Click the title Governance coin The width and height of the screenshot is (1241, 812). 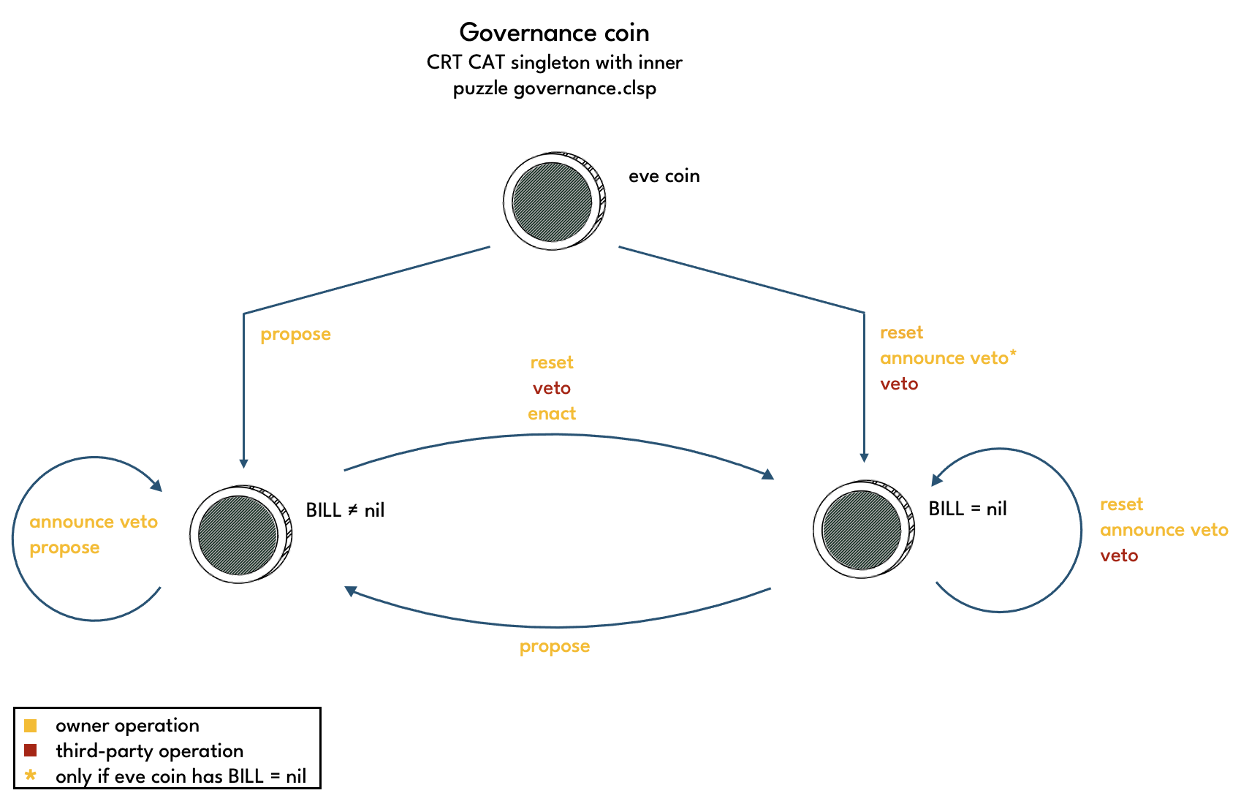coord(554,33)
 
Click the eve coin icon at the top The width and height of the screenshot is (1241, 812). coord(553,201)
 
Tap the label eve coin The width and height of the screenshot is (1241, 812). coord(664,176)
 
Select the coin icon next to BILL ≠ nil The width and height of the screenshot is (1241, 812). coord(240,534)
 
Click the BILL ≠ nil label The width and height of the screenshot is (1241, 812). coord(345,510)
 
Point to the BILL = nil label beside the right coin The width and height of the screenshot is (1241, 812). coord(967,509)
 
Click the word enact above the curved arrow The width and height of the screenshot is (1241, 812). coord(552,414)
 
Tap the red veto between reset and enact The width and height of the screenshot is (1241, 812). coord(552,388)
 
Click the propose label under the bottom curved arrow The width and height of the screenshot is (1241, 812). coord(554,646)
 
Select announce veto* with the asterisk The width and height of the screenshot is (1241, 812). coord(947,358)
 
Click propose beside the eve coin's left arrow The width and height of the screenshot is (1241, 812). coord(295,334)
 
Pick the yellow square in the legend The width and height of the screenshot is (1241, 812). coord(30,726)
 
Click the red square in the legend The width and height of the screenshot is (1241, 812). coord(30,751)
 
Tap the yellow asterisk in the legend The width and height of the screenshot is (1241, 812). coord(30,775)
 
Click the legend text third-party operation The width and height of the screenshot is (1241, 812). coord(149,751)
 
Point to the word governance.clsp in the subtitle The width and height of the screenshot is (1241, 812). coord(585,88)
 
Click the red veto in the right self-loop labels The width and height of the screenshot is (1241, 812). coord(1119,555)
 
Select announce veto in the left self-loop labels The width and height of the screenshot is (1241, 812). coord(94,522)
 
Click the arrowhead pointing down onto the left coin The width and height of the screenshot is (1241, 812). coord(243,463)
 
